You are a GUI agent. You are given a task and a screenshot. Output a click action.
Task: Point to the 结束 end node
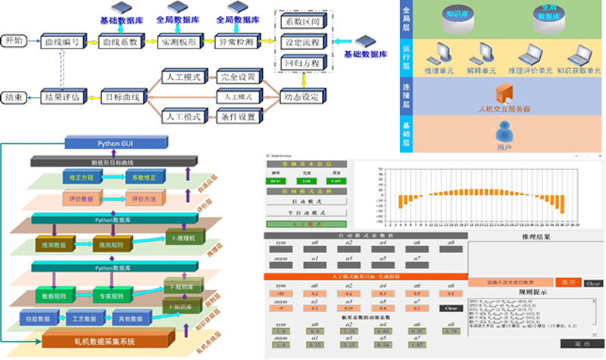(14, 97)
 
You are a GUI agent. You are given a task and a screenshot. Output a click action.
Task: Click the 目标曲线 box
(123, 97)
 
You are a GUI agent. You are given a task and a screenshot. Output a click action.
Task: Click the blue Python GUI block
(107, 142)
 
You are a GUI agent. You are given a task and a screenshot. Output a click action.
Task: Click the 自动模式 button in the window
(305, 202)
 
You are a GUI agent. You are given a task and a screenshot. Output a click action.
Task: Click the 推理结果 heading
(536, 237)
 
